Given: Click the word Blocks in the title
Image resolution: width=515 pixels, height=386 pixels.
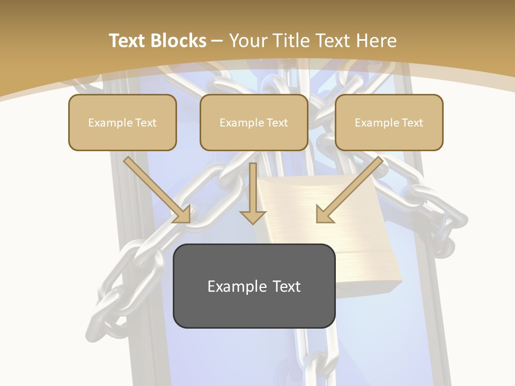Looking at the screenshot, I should (179, 41).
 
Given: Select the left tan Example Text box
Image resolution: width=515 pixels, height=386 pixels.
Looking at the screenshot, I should (122, 123).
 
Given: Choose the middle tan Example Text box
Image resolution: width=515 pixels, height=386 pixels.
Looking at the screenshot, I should (254, 123).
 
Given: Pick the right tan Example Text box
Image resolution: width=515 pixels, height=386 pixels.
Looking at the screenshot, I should (389, 123).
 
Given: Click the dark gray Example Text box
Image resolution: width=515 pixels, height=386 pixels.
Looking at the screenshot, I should (254, 286).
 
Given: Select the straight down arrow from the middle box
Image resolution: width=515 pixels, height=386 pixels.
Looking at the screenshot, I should (253, 193).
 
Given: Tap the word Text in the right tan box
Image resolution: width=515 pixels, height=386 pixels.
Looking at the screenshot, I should (412, 123).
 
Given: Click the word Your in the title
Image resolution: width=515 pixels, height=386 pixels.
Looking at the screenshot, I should (245, 41).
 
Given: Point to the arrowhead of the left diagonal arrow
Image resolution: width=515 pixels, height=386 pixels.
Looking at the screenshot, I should (182, 214).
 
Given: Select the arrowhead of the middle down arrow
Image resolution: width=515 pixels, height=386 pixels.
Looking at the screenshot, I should (253, 216).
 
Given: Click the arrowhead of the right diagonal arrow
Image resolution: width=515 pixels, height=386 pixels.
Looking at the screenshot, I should (323, 214).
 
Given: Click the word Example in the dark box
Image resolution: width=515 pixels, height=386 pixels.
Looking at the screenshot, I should (236, 286).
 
